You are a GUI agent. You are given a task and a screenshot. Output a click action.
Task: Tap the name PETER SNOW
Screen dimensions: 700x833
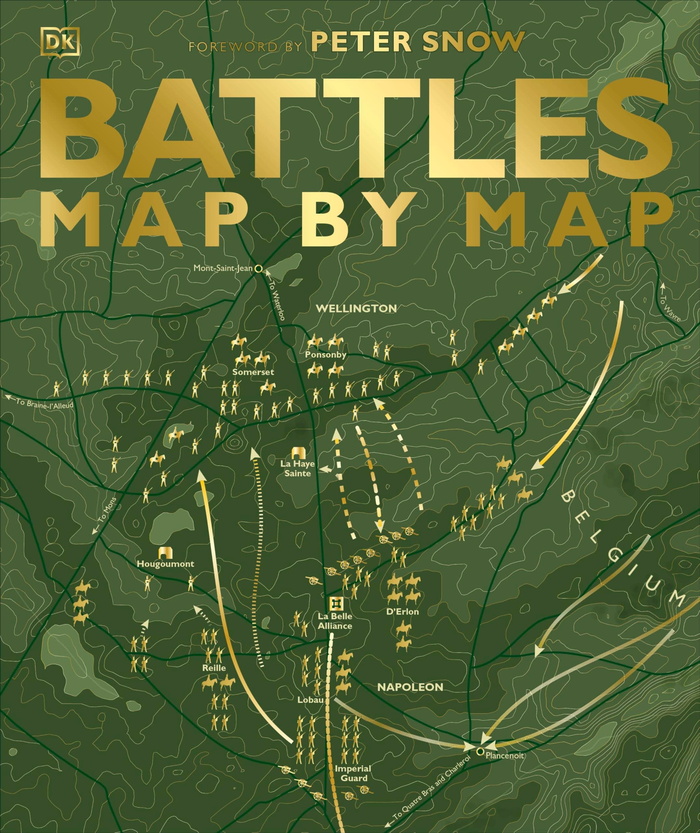pyautogui.click(x=416, y=41)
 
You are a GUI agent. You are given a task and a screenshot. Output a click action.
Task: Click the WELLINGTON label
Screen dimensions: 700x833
pyautogui.click(x=356, y=308)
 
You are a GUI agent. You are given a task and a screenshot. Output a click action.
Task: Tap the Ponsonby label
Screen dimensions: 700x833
pyautogui.click(x=326, y=355)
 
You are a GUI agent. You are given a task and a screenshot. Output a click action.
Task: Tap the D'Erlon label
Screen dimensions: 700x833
pyautogui.click(x=402, y=611)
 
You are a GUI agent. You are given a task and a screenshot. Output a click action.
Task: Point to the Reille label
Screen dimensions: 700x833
pyautogui.click(x=214, y=668)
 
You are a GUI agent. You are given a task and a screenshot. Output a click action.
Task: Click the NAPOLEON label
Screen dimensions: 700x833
pyautogui.click(x=410, y=687)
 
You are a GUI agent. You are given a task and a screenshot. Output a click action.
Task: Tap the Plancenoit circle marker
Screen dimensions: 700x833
pyautogui.click(x=480, y=751)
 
